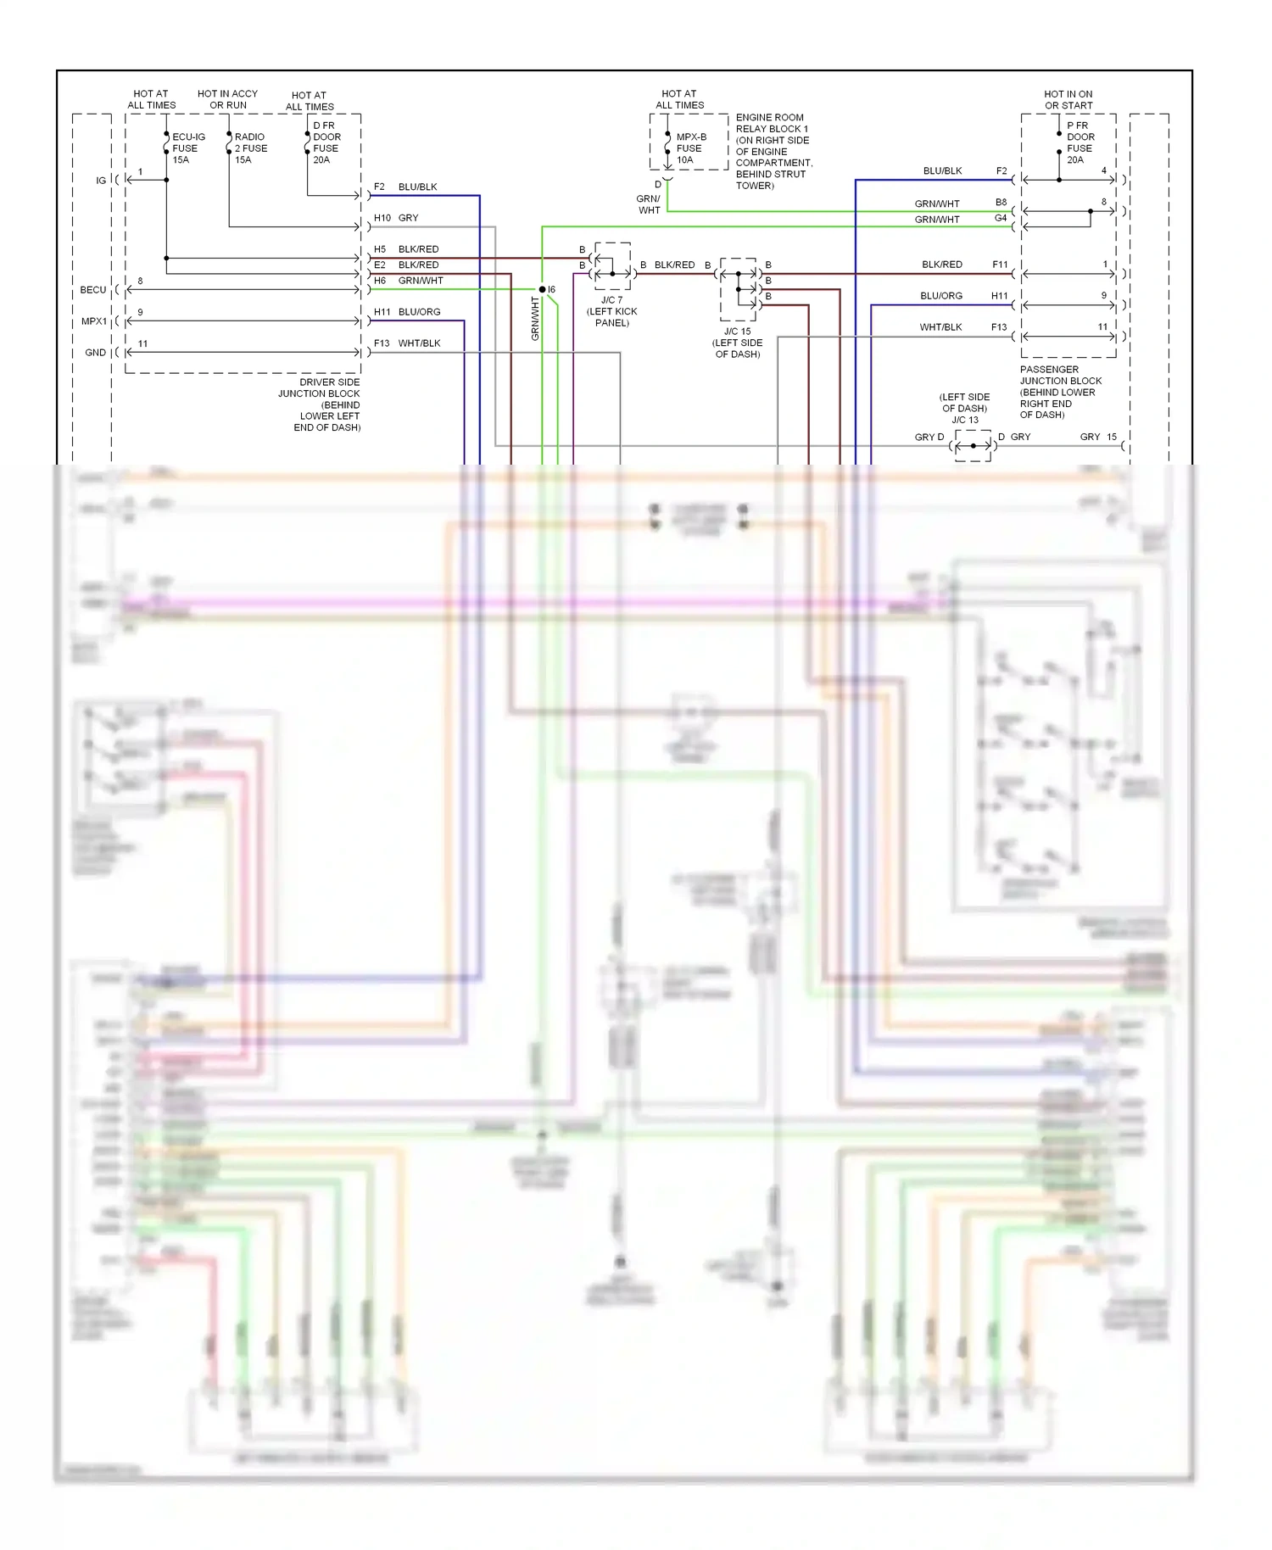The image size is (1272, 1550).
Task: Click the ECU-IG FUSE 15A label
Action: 187,148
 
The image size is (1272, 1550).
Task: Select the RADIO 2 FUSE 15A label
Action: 250,148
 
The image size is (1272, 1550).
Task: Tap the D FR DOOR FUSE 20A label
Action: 326,142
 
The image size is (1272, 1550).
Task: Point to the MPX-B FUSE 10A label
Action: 690,148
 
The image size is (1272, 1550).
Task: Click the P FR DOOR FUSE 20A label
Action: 1080,142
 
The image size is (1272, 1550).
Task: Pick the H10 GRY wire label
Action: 396,218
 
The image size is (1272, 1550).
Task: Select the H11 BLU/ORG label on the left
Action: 407,312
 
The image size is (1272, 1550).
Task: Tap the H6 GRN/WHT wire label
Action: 408,281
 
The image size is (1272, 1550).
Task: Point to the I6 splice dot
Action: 543,290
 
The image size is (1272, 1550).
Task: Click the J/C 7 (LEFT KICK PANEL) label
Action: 611,311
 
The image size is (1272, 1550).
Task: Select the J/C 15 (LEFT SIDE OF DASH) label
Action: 737,343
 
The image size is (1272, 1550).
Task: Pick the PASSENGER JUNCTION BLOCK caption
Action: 1060,392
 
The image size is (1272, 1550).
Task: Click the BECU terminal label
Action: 93,290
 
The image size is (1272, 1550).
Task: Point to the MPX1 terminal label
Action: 94,321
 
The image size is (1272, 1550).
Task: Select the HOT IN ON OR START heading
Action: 1068,100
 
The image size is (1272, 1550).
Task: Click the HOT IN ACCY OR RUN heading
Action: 227,99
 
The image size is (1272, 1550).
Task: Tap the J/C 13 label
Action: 964,420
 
